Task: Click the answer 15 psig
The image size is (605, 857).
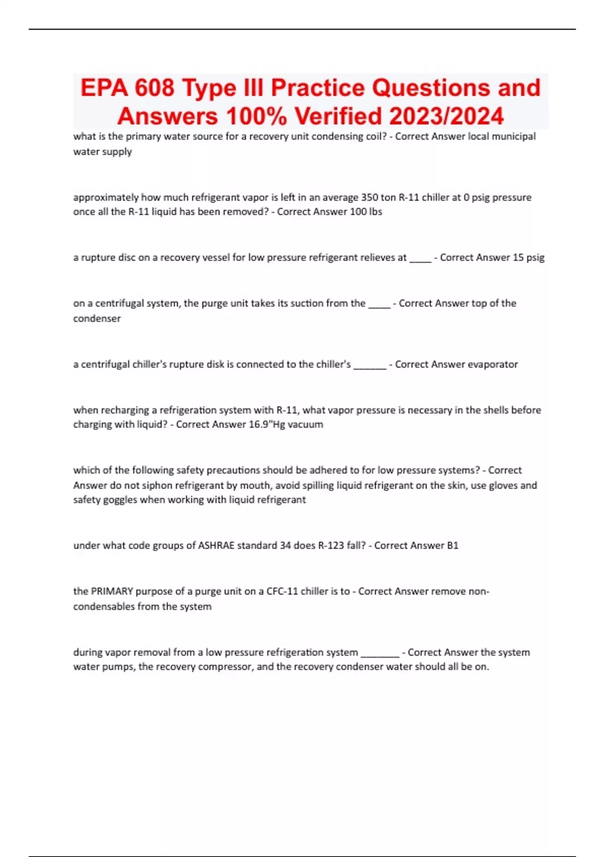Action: tap(528, 258)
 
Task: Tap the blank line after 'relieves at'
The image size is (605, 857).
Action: tap(420, 259)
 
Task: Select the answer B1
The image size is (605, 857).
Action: tap(452, 545)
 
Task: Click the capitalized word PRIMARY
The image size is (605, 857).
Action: tap(111, 591)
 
